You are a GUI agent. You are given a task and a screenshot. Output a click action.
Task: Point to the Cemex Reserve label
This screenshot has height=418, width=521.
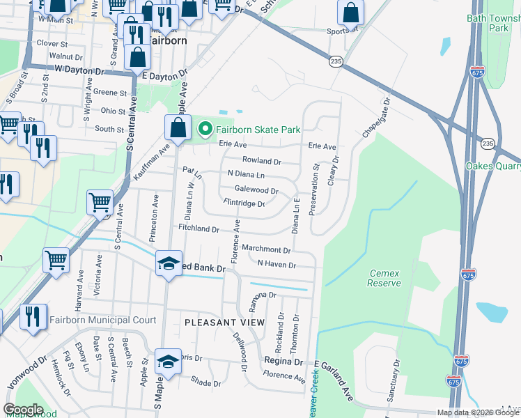click(x=384, y=278)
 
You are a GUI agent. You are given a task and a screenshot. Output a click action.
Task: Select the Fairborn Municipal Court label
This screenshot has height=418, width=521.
click(x=102, y=320)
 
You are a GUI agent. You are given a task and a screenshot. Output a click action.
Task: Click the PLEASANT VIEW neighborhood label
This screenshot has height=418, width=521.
click(x=224, y=323)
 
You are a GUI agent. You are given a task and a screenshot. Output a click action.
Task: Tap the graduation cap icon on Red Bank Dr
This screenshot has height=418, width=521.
click(x=168, y=264)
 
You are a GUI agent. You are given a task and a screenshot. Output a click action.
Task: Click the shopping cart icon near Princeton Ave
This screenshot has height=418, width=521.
click(x=100, y=203)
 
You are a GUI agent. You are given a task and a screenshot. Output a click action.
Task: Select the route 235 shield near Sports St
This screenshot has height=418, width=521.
click(x=336, y=62)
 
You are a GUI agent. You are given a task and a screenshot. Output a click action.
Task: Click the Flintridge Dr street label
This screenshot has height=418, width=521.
click(x=244, y=203)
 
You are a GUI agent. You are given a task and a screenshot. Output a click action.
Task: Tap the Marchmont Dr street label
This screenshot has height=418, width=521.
click(x=266, y=249)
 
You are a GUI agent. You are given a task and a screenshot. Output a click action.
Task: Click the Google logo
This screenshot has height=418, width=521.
click(x=24, y=410)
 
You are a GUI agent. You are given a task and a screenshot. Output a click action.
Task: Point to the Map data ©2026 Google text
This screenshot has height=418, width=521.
click(x=478, y=412)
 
